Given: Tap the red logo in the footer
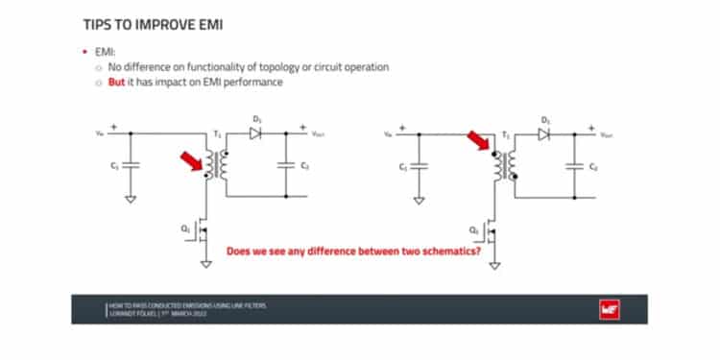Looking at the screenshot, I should [x=607, y=309].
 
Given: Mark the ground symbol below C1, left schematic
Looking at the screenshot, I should [x=132, y=201].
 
